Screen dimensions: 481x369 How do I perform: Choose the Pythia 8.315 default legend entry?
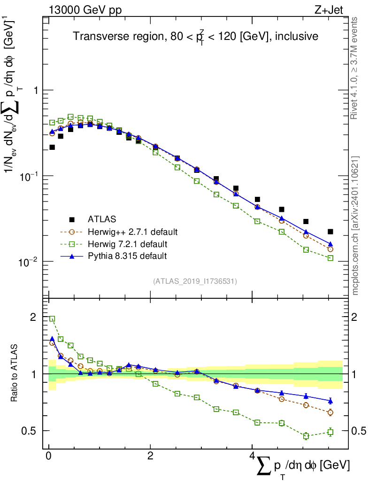click(x=127, y=256)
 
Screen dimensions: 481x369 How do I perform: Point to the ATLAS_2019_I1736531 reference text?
click(x=194, y=281)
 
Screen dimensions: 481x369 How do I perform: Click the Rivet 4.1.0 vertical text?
click(x=354, y=68)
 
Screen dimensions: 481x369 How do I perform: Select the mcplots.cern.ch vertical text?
click(x=355, y=225)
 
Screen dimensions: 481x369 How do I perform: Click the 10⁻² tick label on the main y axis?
click(x=28, y=262)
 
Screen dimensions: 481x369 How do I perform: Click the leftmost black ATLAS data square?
click(x=52, y=147)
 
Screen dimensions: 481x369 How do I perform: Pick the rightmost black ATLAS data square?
click(x=331, y=232)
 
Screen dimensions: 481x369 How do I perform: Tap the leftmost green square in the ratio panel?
click(x=52, y=318)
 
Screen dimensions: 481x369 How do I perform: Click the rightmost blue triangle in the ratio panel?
click(x=331, y=401)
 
